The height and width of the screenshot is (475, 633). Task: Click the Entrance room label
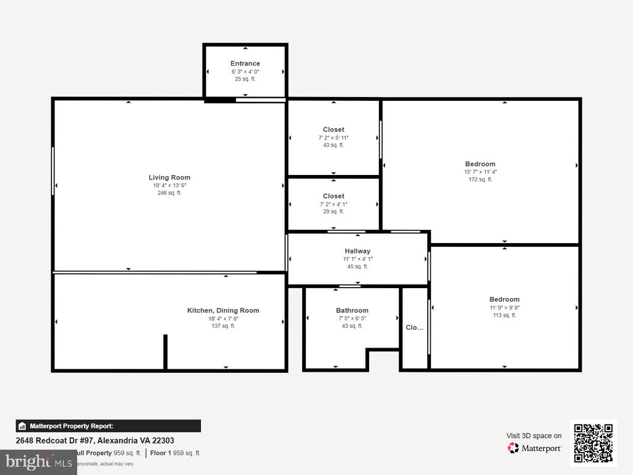pyautogui.click(x=245, y=63)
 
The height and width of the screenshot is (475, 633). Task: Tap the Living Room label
pyautogui.click(x=169, y=178)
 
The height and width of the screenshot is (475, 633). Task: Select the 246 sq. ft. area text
pyautogui.click(x=169, y=193)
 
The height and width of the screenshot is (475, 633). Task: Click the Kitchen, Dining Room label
pyautogui.click(x=223, y=310)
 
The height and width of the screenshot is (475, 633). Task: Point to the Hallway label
pyautogui.click(x=357, y=251)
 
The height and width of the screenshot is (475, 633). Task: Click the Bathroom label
pyautogui.click(x=352, y=310)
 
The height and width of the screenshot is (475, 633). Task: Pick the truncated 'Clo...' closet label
pyautogui.click(x=414, y=328)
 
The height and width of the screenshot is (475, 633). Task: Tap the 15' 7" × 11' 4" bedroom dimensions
pyautogui.click(x=480, y=172)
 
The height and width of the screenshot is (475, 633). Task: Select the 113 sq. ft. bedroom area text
pyautogui.click(x=504, y=315)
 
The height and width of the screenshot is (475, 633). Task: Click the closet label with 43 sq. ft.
pyautogui.click(x=333, y=130)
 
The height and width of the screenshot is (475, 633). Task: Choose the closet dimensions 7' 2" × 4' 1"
pyautogui.click(x=333, y=204)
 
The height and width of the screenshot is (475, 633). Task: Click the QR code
pyautogui.click(x=593, y=443)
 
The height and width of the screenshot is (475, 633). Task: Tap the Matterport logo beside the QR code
pyautogui.click(x=535, y=448)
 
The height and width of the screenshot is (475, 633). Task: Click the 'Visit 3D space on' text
pyautogui.click(x=534, y=435)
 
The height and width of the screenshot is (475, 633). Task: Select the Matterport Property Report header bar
pyautogui.click(x=108, y=426)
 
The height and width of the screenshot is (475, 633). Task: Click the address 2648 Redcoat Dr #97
pyautogui.click(x=95, y=441)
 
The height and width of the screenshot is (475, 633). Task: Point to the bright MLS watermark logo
pyautogui.click(x=38, y=461)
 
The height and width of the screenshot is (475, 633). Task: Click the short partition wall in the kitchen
pyautogui.click(x=165, y=351)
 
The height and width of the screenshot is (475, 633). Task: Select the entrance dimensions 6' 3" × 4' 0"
pyautogui.click(x=245, y=72)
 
